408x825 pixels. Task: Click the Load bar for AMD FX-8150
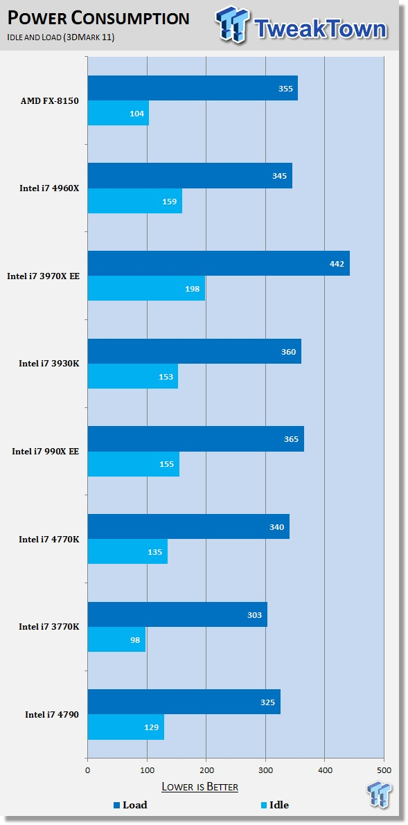[193, 88]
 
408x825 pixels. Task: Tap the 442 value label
[337, 264]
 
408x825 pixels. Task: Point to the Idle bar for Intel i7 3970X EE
[146, 288]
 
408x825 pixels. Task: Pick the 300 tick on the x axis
[265, 770]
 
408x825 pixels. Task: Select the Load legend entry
[130, 804]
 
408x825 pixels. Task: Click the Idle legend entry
[275, 804]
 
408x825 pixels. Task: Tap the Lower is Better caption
[199, 787]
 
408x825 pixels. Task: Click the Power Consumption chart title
[98, 19]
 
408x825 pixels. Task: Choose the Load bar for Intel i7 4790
[184, 702]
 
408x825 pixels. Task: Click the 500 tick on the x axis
[384, 770]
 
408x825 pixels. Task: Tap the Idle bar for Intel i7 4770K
[128, 551]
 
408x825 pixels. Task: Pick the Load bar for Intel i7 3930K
[195, 351]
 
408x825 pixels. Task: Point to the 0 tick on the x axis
[87, 770]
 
